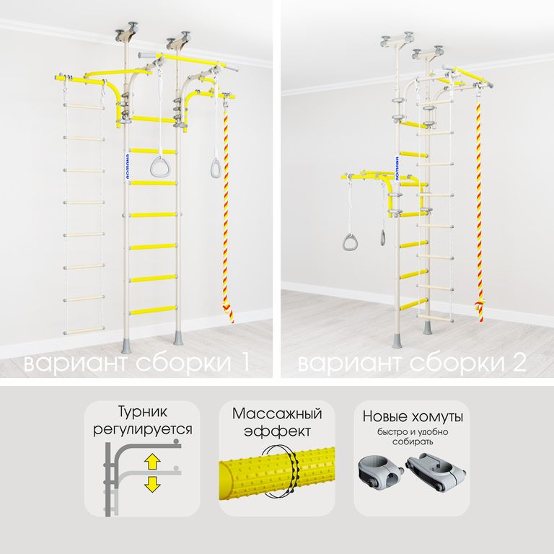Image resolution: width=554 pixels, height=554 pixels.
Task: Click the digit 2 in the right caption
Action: coord(519,362)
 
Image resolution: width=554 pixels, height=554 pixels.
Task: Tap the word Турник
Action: coord(142,412)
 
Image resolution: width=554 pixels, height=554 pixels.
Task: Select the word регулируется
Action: coord(142,430)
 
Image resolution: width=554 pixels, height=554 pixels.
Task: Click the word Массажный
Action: coord(277,413)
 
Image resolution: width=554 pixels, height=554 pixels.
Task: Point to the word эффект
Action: coord(277,431)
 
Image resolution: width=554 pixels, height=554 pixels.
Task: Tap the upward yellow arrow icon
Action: coord(152,462)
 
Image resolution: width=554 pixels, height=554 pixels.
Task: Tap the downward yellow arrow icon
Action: coord(152,485)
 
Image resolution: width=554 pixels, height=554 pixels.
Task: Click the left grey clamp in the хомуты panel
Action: coord(381,472)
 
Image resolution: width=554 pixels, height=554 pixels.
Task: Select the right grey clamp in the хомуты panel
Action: coord(436,472)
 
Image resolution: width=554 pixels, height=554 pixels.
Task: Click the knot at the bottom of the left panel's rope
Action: coord(228,312)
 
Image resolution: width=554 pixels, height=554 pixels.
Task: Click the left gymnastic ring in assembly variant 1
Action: coord(160,167)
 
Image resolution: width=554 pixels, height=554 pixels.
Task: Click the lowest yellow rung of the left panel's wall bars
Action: coord(153,310)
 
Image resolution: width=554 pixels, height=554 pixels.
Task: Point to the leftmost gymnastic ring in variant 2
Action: coord(350,242)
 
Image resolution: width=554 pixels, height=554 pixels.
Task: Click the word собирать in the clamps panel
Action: coord(413,442)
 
